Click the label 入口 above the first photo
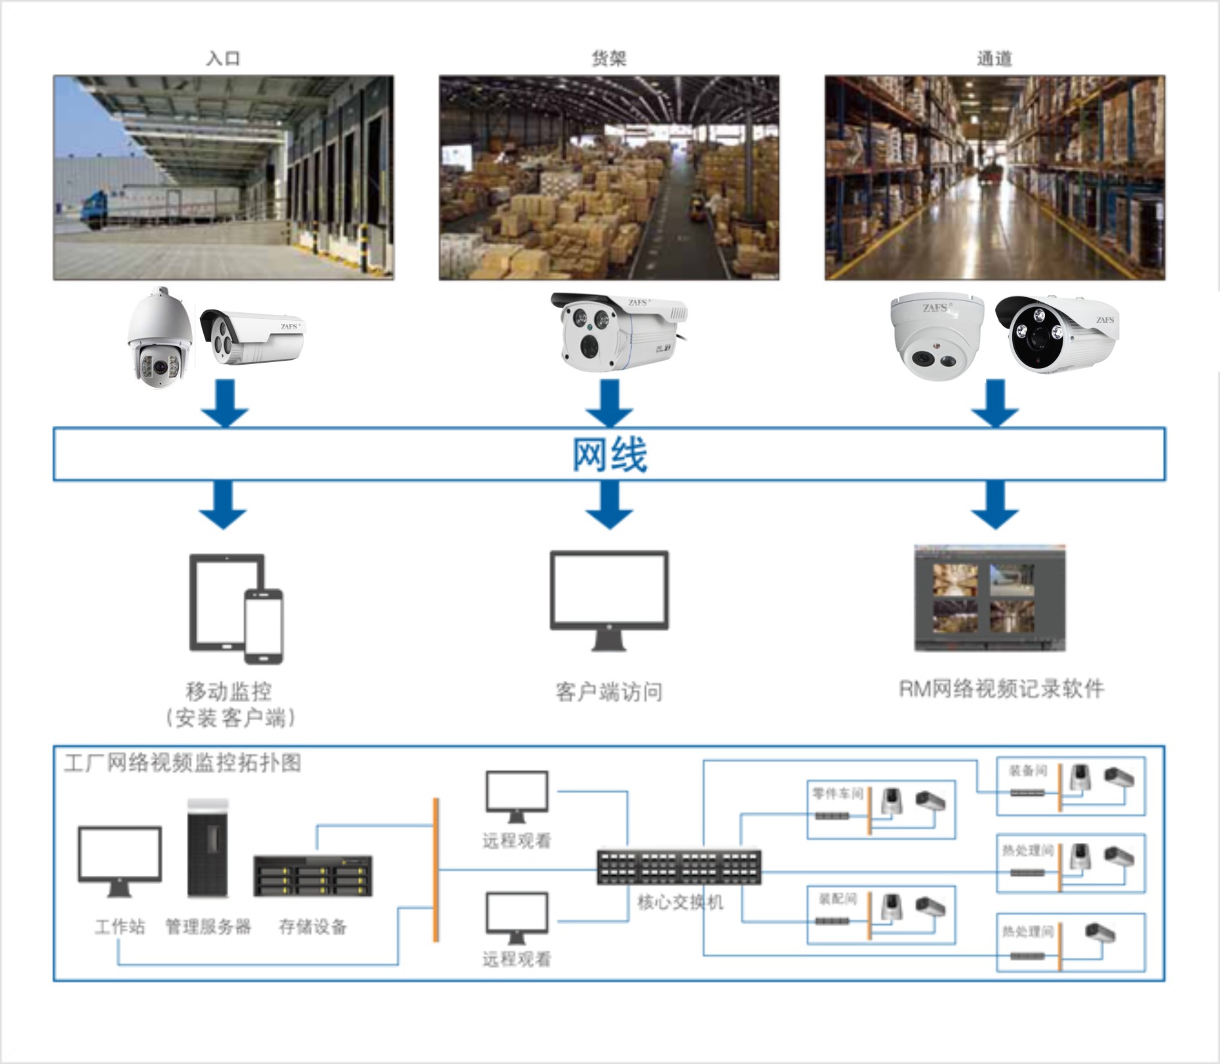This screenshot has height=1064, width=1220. [223, 58]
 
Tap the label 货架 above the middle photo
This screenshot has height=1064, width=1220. [608, 58]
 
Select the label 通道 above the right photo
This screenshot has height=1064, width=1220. [994, 58]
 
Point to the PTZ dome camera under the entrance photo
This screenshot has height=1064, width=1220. [159, 337]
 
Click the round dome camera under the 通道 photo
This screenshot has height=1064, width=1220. [935, 336]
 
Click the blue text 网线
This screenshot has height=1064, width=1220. [610, 454]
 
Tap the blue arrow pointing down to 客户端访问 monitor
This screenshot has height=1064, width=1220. [610, 504]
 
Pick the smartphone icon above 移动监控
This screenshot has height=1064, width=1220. [264, 626]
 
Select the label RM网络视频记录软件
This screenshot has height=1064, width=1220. [1000, 689]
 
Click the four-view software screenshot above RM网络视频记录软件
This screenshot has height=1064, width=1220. [989, 598]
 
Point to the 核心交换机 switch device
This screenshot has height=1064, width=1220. [679, 867]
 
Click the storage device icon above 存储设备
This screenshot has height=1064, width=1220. [313, 876]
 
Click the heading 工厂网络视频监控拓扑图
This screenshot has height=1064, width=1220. [182, 763]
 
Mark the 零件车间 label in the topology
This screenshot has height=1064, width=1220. [837, 794]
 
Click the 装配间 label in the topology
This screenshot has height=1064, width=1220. [837, 899]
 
